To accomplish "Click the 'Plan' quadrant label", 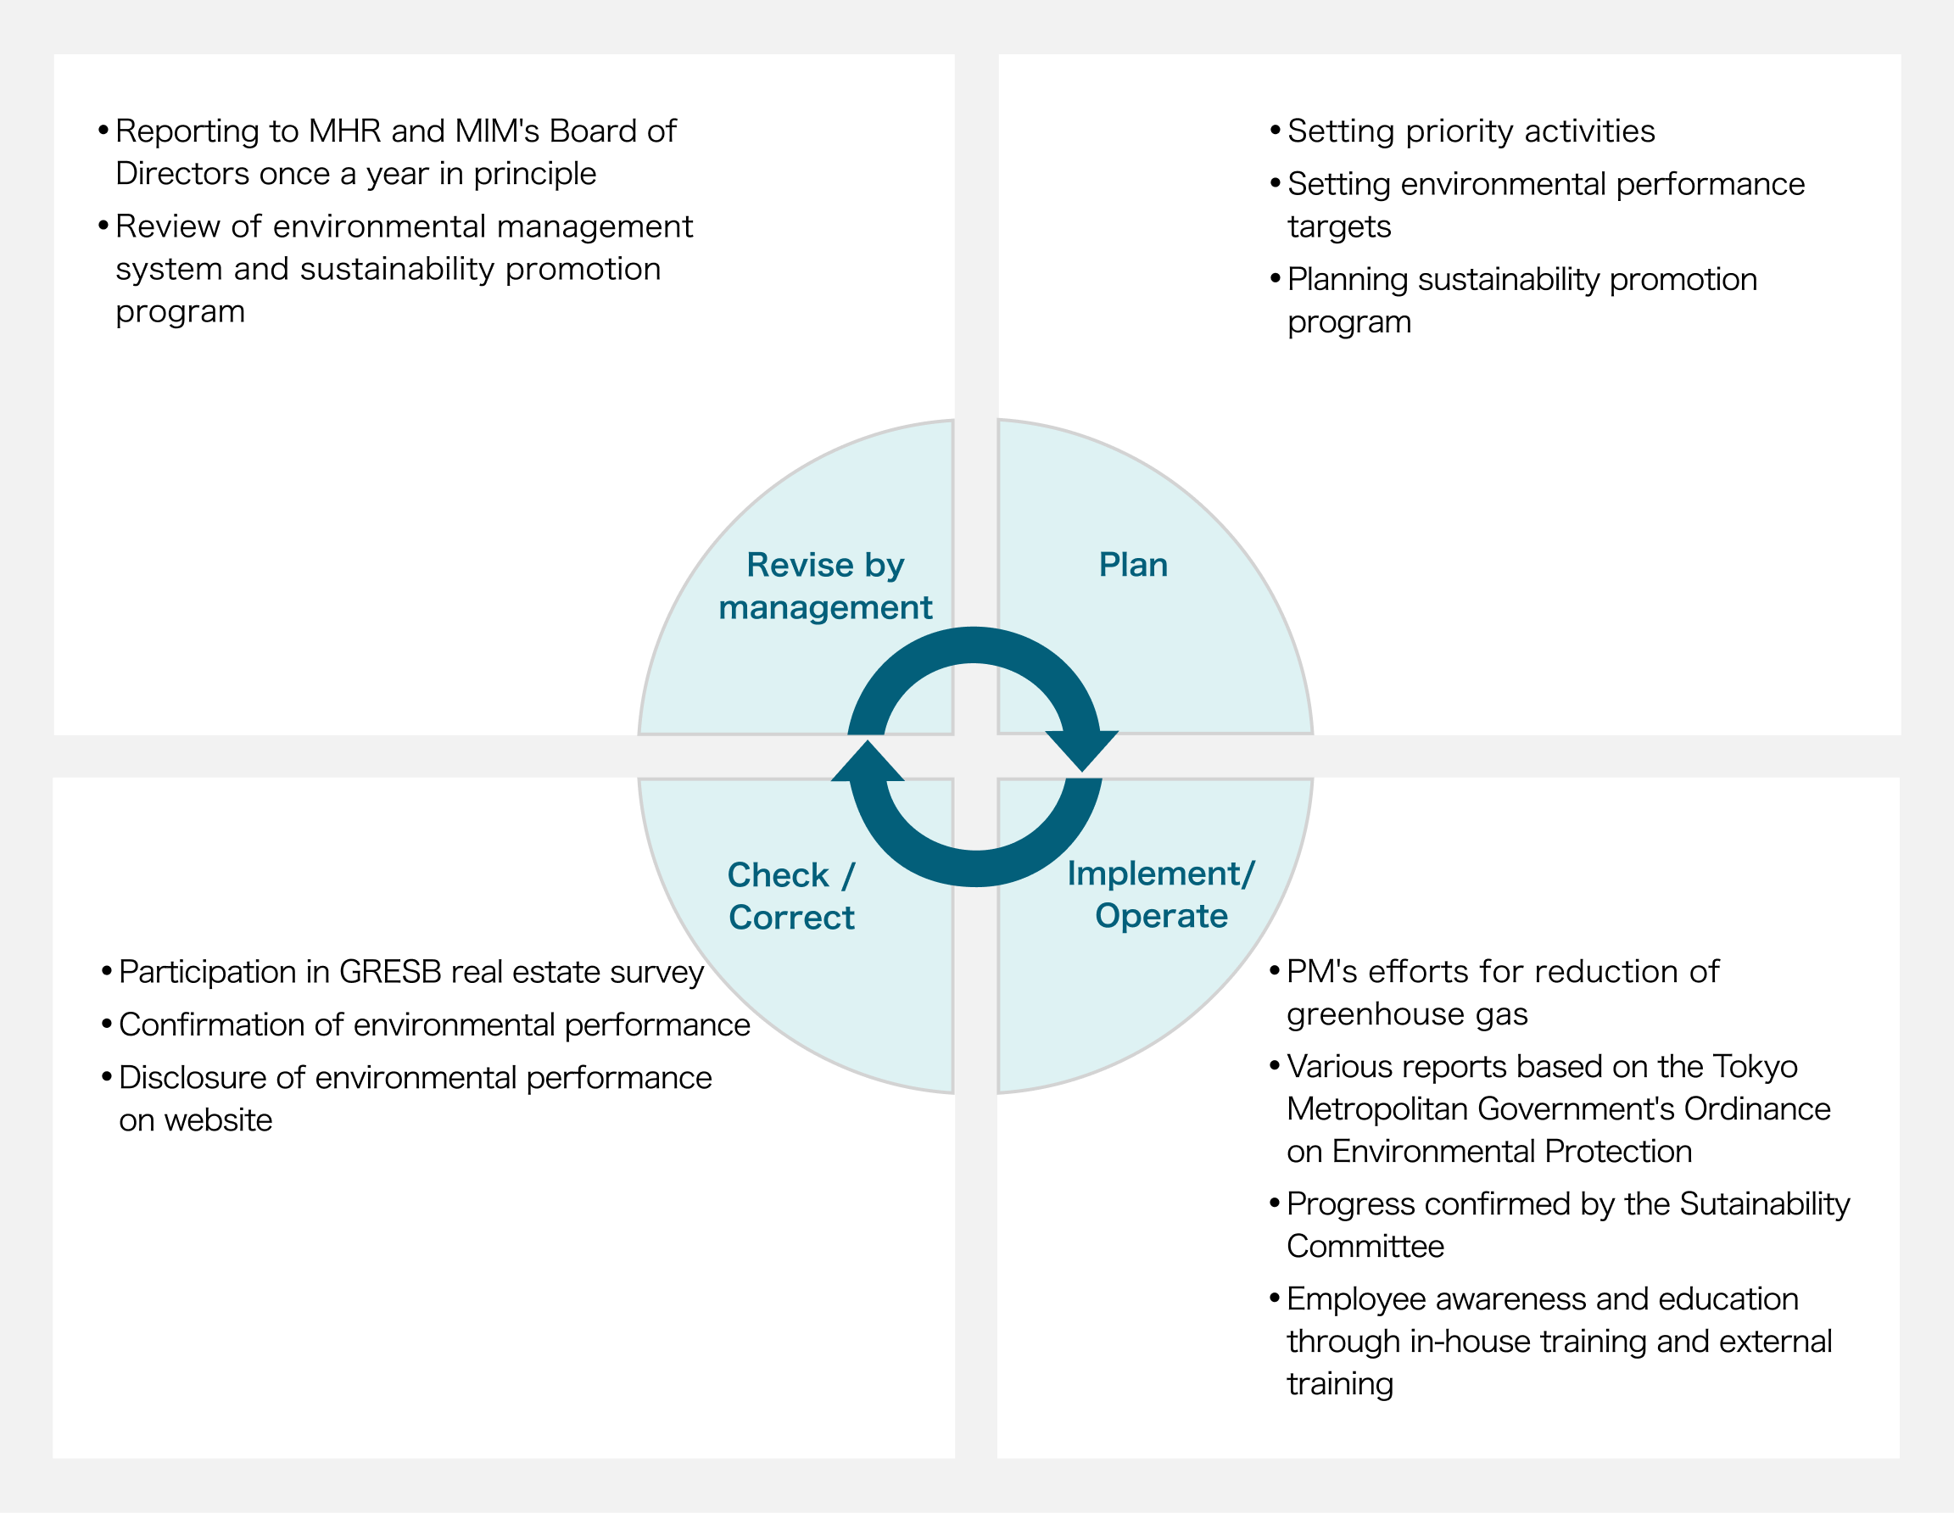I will tap(1133, 566).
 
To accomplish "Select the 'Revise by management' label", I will tap(825, 586).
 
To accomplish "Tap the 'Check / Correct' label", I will tap(791, 896).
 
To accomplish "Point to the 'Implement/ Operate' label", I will tap(1160, 894).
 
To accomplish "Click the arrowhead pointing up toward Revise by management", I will tap(867, 762).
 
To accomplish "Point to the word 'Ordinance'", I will tap(1757, 1109).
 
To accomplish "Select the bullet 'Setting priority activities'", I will tap(1471, 131).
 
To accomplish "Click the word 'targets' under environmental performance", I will tap(1338, 227).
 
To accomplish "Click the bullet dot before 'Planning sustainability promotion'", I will tap(1275, 278).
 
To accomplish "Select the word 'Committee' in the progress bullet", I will tap(1365, 1247).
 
